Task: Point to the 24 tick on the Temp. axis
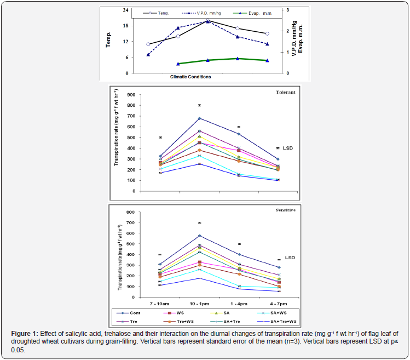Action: (x=125, y=10)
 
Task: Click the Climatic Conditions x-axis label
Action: (x=190, y=76)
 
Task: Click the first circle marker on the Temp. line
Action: (x=148, y=44)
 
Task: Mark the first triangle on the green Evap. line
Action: (x=178, y=64)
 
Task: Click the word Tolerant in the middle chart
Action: (x=285, y=92)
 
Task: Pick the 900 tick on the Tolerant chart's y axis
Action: (x=131, y=95)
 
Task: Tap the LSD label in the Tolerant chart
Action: (x=286, y=148)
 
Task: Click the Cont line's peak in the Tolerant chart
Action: (x=200, y=118)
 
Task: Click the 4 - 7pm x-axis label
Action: (x=278, y=302)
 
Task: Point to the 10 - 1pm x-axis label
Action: (x=200, y=302)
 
